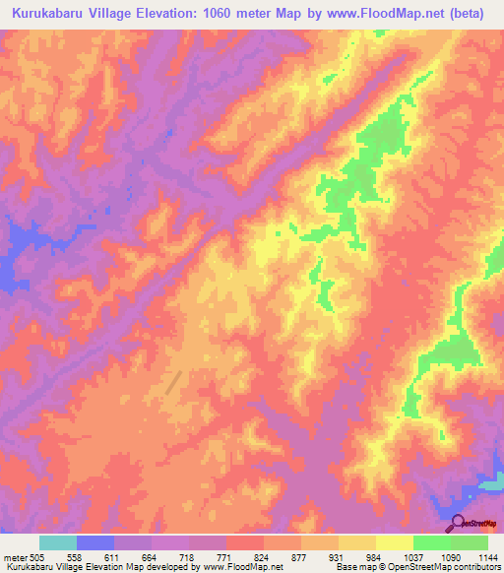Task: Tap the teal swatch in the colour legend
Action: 58,543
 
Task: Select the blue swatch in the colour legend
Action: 95,543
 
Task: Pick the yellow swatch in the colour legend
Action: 394,543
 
